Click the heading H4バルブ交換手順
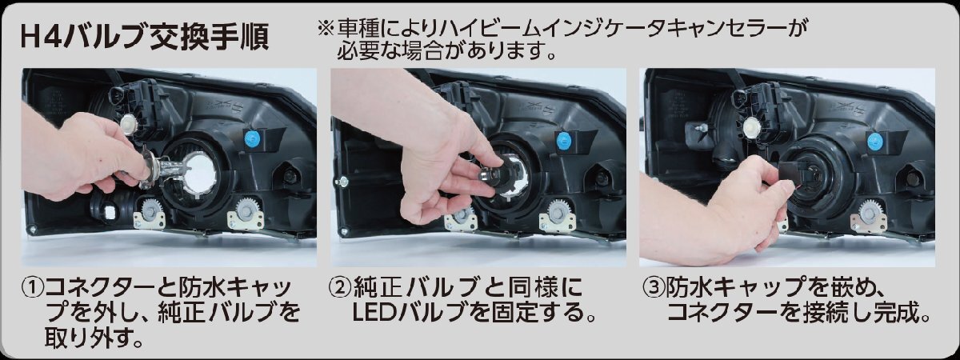[145, 38]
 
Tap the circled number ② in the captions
[340, 288]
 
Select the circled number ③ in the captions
[654, 288]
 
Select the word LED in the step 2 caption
[374, 313]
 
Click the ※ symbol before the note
[325, 29]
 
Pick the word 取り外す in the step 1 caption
[87, 338]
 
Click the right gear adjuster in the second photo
[556, 213]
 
